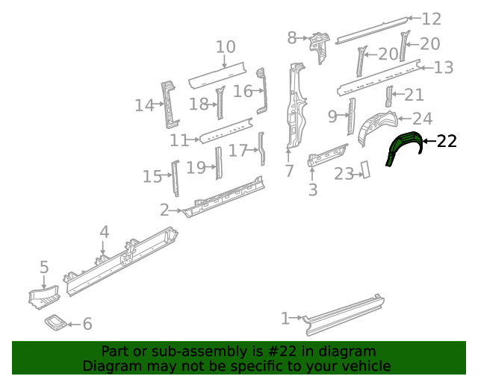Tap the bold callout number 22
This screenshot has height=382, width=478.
pyautogui.click(x=446, y=141)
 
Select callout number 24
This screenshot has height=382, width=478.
pyautogui.click(x=422, y=118)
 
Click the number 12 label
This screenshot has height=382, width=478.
pyautogui.click(x=432, y=19)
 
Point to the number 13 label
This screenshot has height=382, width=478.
pyautogui.click(x=443, y=68)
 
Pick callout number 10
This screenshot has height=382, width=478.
pyautogui.click(x=226, y=47)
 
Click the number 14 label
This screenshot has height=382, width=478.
pyautogui.click(x=144, y=106)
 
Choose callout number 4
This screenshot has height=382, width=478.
pyautogui.click(x=105, y=232)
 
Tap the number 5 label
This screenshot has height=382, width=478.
pyautogui.click(x=44, y=266)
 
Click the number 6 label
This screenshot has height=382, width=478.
pyautogui.click(x=87, y=324)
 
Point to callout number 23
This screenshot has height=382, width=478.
pyautogui.click(x=344, y=174)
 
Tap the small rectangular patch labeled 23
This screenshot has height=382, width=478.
pyautogui.click(x=366, y=169)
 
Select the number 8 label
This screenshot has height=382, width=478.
pyautogui.click(x=293, y=36)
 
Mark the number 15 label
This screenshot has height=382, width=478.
pyautogui.click(x=152, y=177)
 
